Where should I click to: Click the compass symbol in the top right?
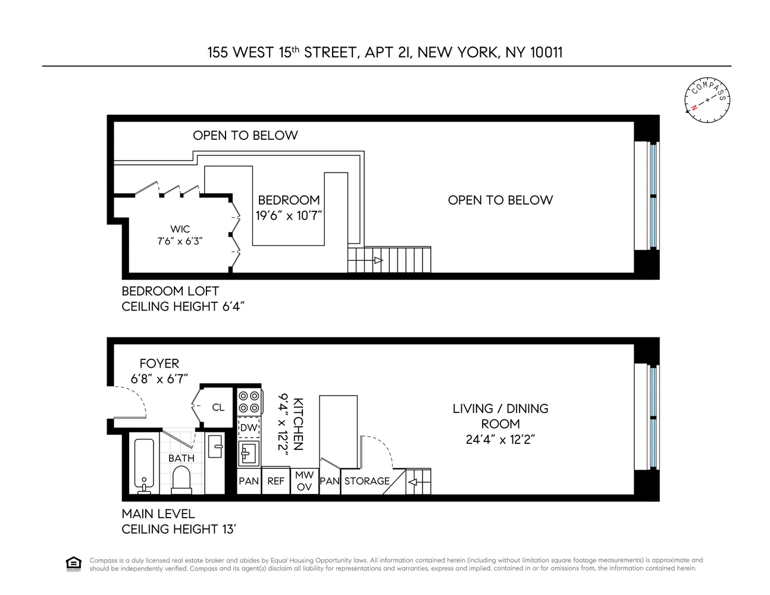coord(707,101)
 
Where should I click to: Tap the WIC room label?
coord(180,229)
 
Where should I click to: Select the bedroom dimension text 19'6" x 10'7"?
coord(289,215)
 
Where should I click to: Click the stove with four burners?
coord(249,402)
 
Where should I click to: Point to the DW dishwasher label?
coord(249,428)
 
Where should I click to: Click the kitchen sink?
coord(248,453)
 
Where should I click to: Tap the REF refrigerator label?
coord(276,481)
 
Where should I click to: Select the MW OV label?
coord(304,481)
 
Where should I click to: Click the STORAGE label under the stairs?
coord(367,481)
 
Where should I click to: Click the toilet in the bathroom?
coord(180,479)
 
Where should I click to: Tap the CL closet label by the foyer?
coord(218,408)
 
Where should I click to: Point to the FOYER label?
coord(159,364)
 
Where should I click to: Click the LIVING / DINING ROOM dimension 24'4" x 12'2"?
coord(500,440)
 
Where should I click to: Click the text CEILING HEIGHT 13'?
coord(179,529)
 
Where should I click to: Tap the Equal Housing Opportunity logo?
coord(73,563)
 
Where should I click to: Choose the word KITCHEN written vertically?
coord(298,424)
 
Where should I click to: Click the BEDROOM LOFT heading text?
coord(170,291)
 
